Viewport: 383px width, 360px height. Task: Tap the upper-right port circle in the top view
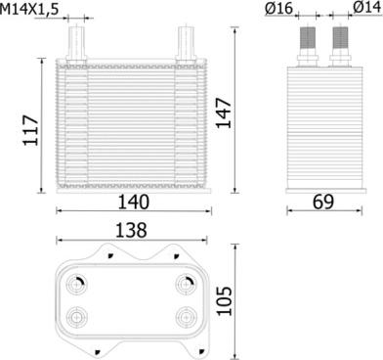(185, 284)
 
